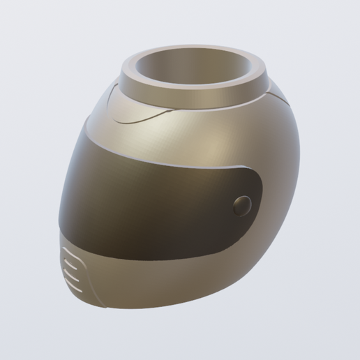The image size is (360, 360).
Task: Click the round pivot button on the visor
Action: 243,204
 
